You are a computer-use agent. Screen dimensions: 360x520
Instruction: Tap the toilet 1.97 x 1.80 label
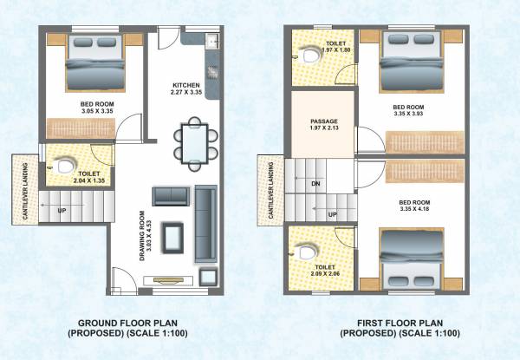click(x=335, y=46)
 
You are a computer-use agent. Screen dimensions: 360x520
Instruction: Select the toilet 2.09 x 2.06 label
click(x=325, y=272)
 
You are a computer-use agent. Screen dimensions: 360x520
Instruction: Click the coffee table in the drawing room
click(x=172, y=236)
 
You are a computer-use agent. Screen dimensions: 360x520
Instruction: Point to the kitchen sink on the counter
click(x=211, y=41)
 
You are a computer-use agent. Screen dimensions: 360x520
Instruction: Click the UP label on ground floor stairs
click(x=62, y=210)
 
